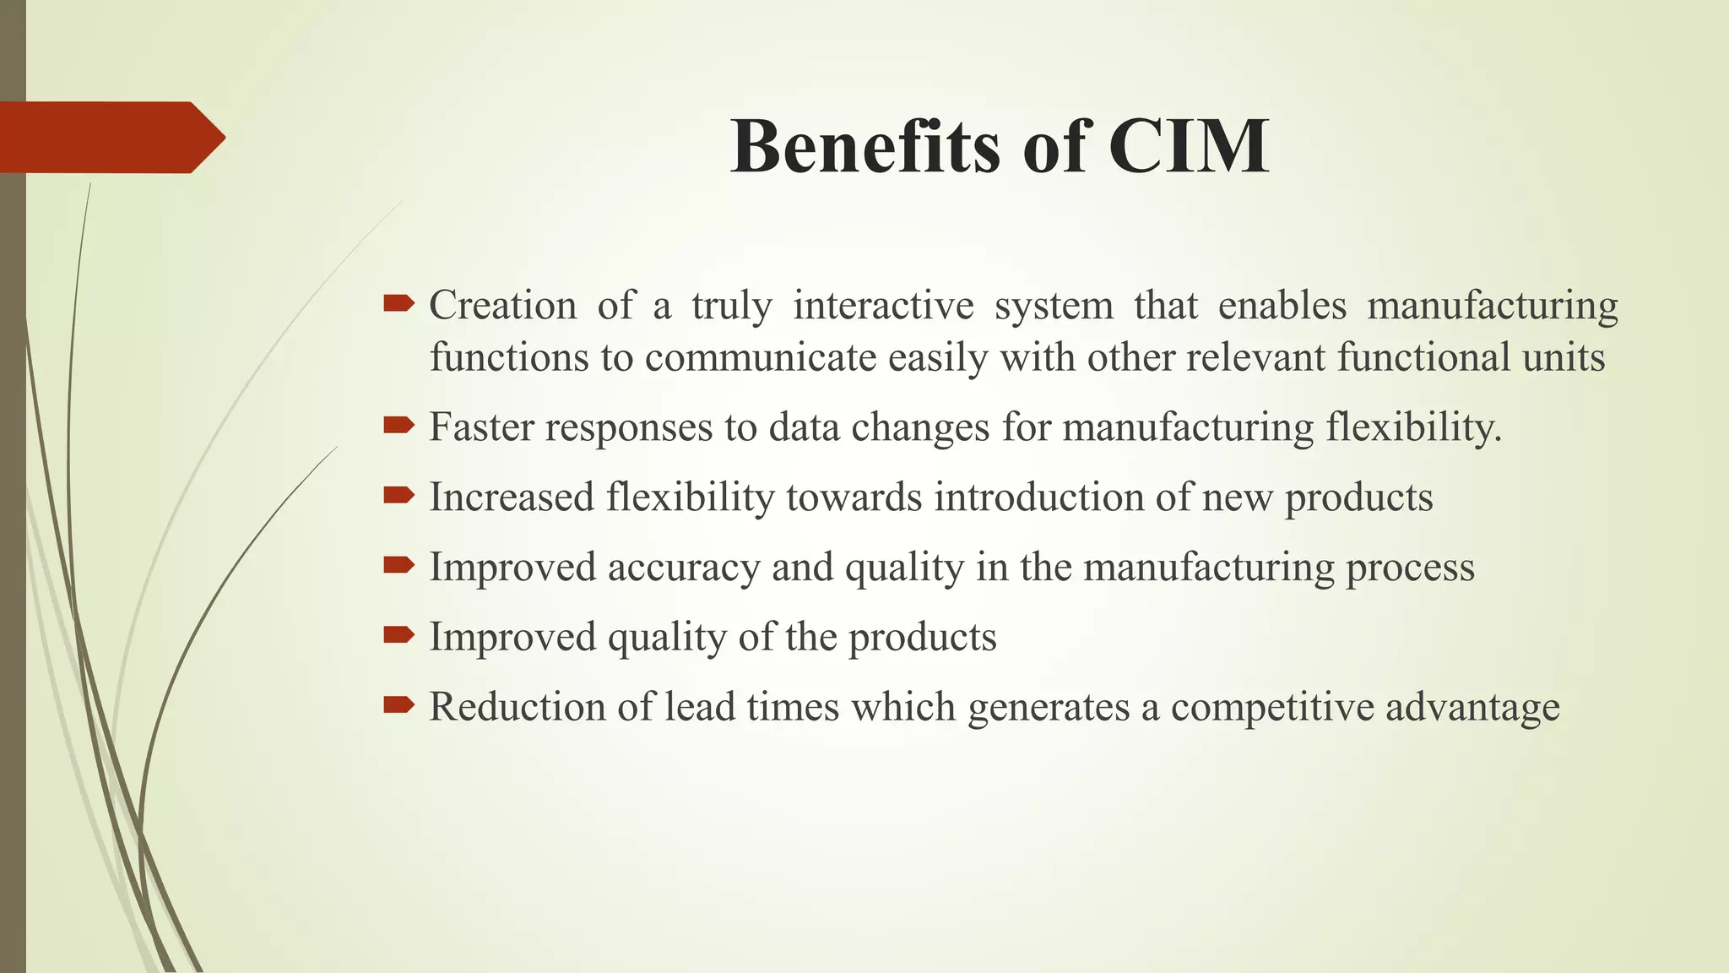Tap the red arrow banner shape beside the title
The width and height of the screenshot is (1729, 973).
click(110, 137)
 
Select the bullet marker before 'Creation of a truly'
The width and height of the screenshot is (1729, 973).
click(398, 302)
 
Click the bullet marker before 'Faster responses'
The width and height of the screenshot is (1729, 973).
click(398, 425)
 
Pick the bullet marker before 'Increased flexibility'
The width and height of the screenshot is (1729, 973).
click(398, 495)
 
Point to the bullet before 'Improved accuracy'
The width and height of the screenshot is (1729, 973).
click(398, 565)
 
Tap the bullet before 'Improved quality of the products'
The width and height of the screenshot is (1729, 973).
click(398, 635)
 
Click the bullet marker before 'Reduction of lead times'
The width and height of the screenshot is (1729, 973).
click(398, 705)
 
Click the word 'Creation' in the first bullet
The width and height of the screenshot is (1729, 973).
click(502, 305)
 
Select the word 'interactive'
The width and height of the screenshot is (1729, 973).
click(883, 305)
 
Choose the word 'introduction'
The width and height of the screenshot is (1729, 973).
click(1038, 497)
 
